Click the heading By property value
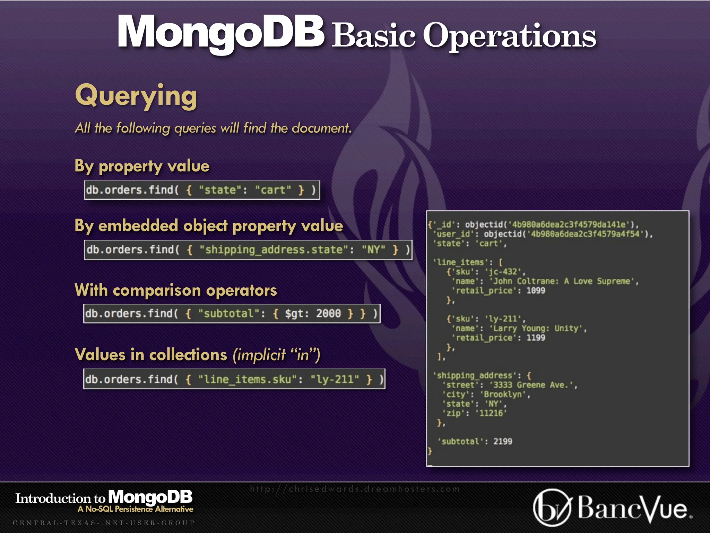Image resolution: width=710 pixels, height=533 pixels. click(x=142, y=166)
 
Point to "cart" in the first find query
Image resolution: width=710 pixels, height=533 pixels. click(x=273, y=190)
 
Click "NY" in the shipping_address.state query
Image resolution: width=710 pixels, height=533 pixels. click(x=373, y=250)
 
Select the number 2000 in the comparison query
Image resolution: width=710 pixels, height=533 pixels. click(x=328, y=314)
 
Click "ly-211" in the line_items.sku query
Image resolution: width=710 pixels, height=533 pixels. click(x=335, y=379)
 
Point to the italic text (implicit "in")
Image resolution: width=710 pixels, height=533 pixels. click(x=276, y=355)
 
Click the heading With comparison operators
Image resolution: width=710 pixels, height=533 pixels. click(x=176, y=290)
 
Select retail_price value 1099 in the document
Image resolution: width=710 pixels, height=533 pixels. click(x=536, y=291)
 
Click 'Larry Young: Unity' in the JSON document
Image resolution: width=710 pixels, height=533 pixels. click(x=538, y=328)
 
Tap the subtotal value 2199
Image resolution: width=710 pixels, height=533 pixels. click(x=503, y=441)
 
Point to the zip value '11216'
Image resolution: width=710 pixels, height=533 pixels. click(x=491, y=413)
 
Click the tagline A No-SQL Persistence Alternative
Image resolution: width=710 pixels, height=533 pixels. click(x=135, y=509)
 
